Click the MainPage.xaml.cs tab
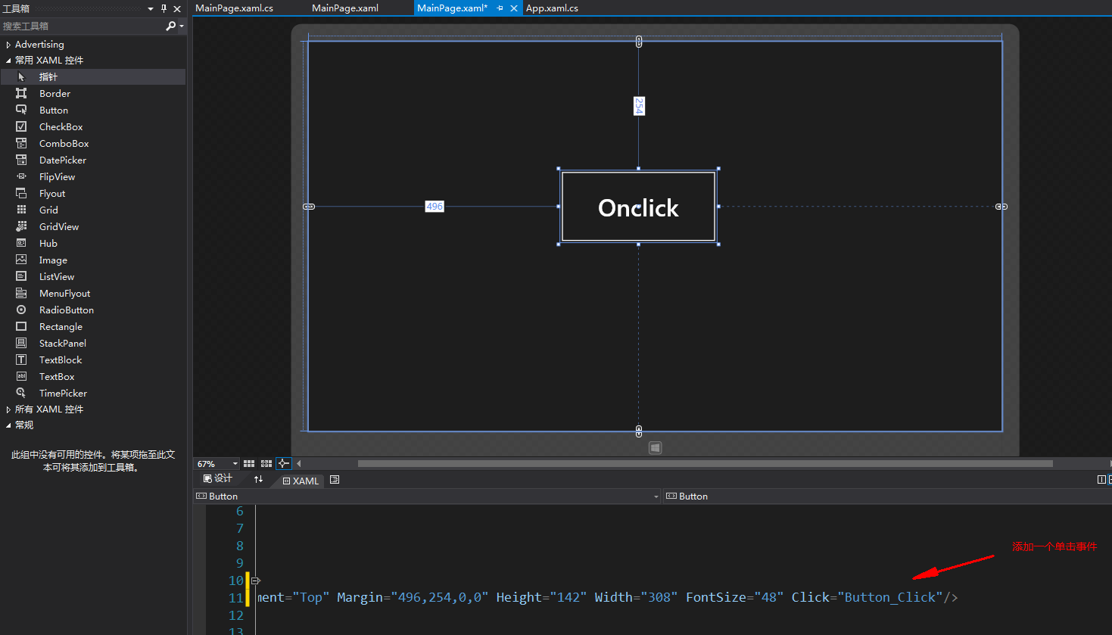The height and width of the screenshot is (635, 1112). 235,8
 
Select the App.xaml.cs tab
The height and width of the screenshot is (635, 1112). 552,8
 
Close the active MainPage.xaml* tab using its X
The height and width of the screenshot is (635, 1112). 514,8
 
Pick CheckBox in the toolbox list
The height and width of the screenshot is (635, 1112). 61,126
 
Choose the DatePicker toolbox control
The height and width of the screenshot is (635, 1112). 63,160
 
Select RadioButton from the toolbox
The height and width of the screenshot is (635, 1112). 67,310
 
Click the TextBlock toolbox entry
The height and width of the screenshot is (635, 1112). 61,360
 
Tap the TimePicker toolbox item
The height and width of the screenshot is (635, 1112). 63,394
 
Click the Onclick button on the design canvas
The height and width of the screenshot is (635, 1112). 638,207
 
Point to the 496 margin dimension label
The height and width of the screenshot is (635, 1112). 435,207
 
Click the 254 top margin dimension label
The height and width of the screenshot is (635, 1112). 640,106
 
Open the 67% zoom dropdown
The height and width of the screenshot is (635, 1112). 235,464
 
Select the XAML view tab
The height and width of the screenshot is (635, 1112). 301,481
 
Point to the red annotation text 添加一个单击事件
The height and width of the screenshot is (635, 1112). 1054,546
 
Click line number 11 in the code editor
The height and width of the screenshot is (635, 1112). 236,598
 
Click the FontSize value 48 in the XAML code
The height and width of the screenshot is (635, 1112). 769,597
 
